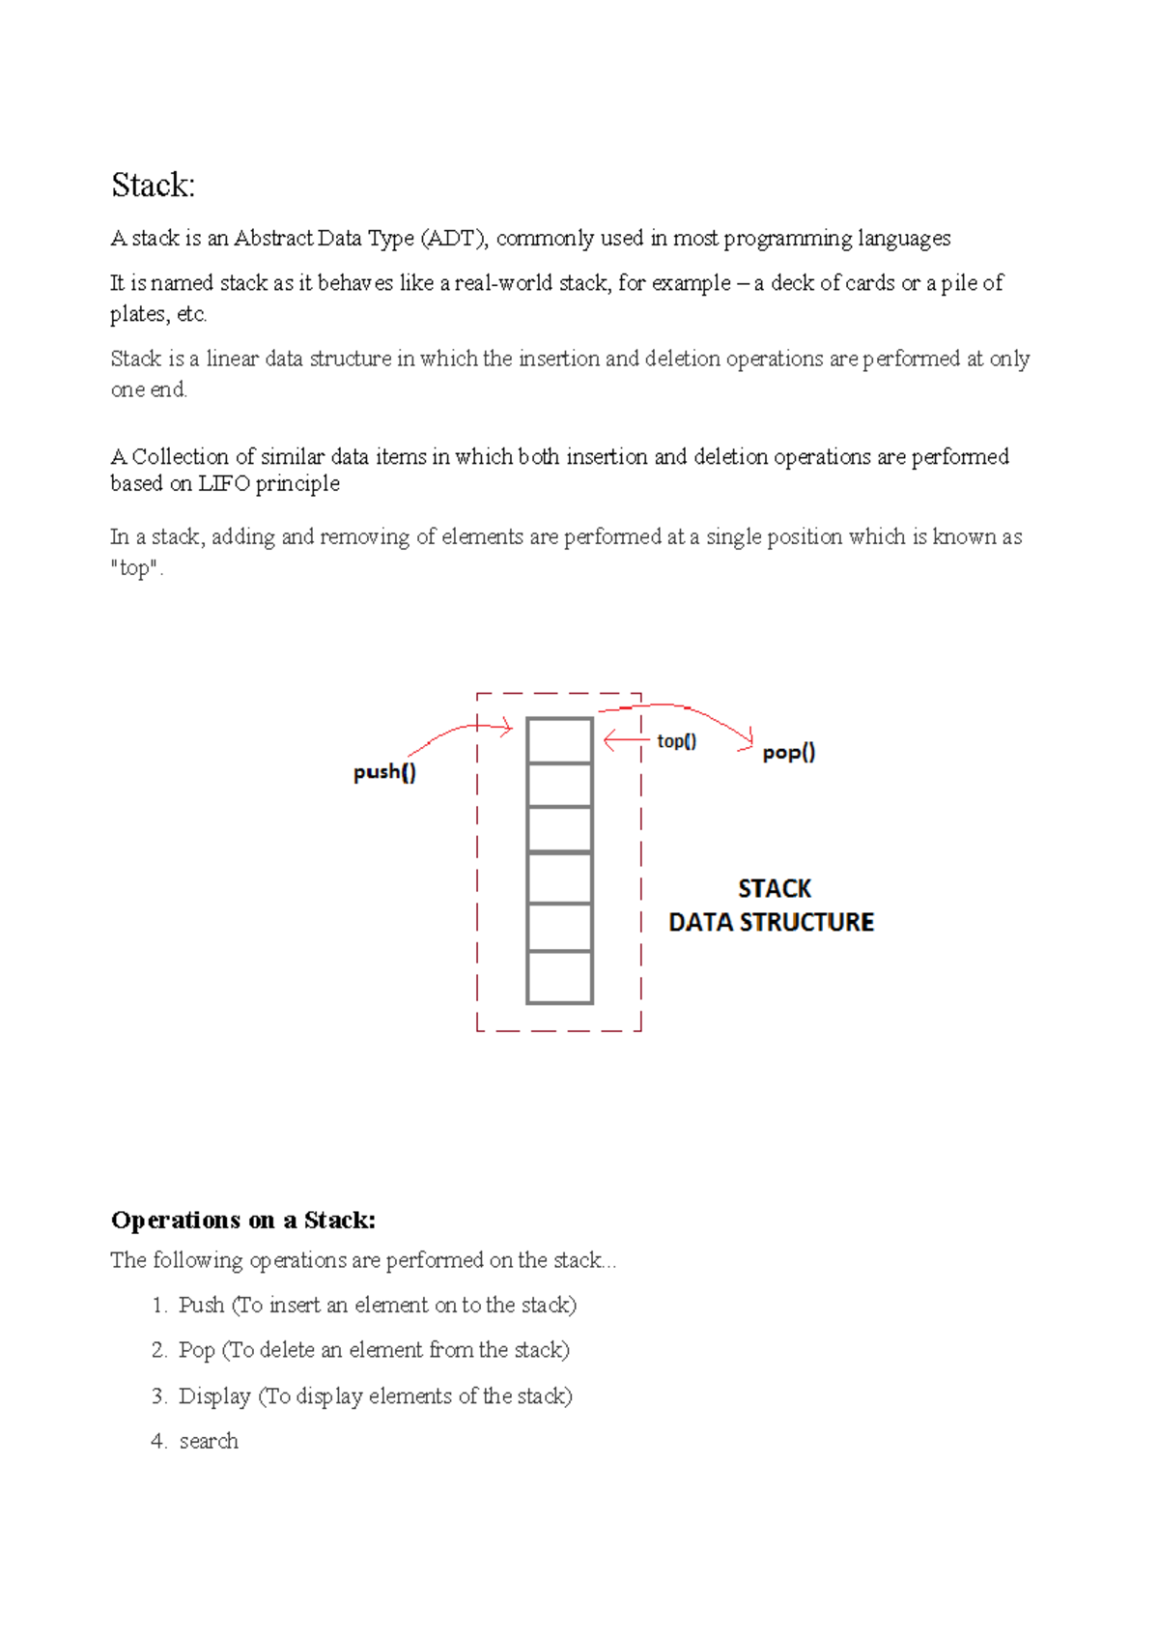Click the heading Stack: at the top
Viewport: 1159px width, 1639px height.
point(153,185)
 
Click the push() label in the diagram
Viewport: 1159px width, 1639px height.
point(384,771)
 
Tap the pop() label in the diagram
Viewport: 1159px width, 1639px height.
point(788,752)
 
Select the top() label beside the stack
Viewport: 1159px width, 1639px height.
point(676,741)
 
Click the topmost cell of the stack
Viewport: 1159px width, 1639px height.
point(559,740)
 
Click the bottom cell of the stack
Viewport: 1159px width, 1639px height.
point(559,977)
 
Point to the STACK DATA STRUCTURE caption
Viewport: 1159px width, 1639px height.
point(772,906)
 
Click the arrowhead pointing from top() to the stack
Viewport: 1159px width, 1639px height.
point(608,741)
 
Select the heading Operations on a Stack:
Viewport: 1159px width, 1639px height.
point(242,1220)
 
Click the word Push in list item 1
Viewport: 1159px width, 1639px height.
point(201,1305)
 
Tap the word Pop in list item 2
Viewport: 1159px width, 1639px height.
point(196,1350)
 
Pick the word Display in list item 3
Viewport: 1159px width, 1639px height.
point(214,1396)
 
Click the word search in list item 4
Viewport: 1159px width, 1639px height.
point(209,1441)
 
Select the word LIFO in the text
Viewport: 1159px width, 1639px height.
point(224,483)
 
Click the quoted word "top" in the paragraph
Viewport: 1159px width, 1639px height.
point(135,568)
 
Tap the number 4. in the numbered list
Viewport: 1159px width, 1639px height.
point(159,1441)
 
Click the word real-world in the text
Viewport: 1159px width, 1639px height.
point(503,283)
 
